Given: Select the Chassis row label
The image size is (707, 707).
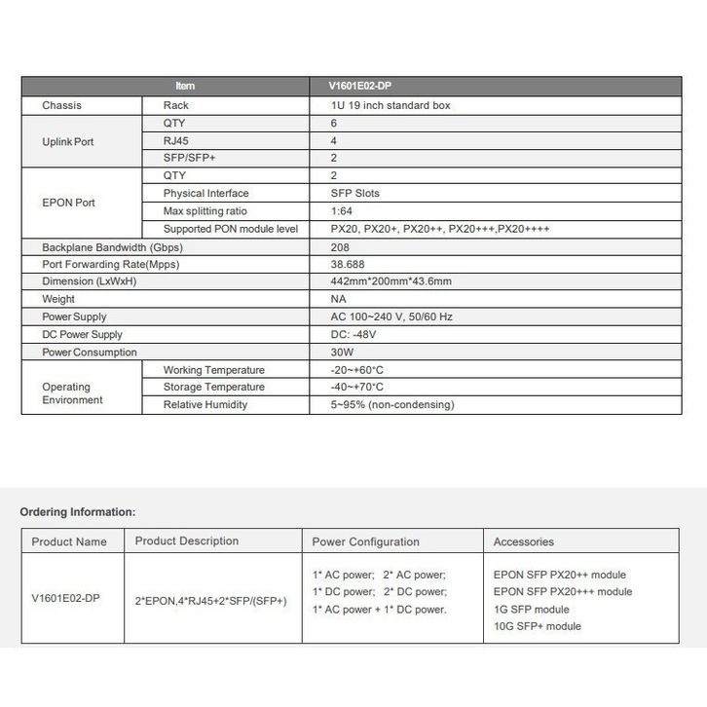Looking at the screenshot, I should click(x=62, y=105).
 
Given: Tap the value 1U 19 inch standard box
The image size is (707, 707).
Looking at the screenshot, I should click(x=390, y=105).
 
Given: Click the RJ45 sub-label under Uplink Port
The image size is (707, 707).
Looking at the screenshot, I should click(x=176, y=140).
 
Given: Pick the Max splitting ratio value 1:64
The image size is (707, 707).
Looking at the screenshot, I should click(x=342, y=211).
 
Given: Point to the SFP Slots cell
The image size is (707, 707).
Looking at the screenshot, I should click(x=355, y=194).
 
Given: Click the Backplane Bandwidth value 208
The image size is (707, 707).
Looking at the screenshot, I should click(x=340, y=247).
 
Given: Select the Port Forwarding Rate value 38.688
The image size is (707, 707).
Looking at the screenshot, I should click(x=348, y=264).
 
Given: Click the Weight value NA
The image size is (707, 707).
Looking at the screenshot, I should click(x=338, y=299).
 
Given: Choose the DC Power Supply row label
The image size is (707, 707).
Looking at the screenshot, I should click(x=82, y=334).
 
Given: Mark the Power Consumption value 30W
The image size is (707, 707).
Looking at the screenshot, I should click(x=342, y=352).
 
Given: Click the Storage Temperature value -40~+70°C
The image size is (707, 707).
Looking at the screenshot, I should click(x=357, y=388).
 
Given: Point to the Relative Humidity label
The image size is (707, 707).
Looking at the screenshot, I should click(x=205, y=405).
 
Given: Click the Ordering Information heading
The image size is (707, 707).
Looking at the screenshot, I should click(x=78, y=511).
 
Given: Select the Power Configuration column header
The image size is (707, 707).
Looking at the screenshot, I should click(x=365, y=541).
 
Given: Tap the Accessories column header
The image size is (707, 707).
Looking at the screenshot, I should click(x=524, y=541).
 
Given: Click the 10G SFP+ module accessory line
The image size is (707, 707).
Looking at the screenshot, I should click(x=538, y=626).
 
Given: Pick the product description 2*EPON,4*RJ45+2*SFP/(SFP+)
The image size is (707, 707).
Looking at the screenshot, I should click(x=211, y=602).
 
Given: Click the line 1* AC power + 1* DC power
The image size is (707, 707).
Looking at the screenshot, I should click(x=379, y=610).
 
